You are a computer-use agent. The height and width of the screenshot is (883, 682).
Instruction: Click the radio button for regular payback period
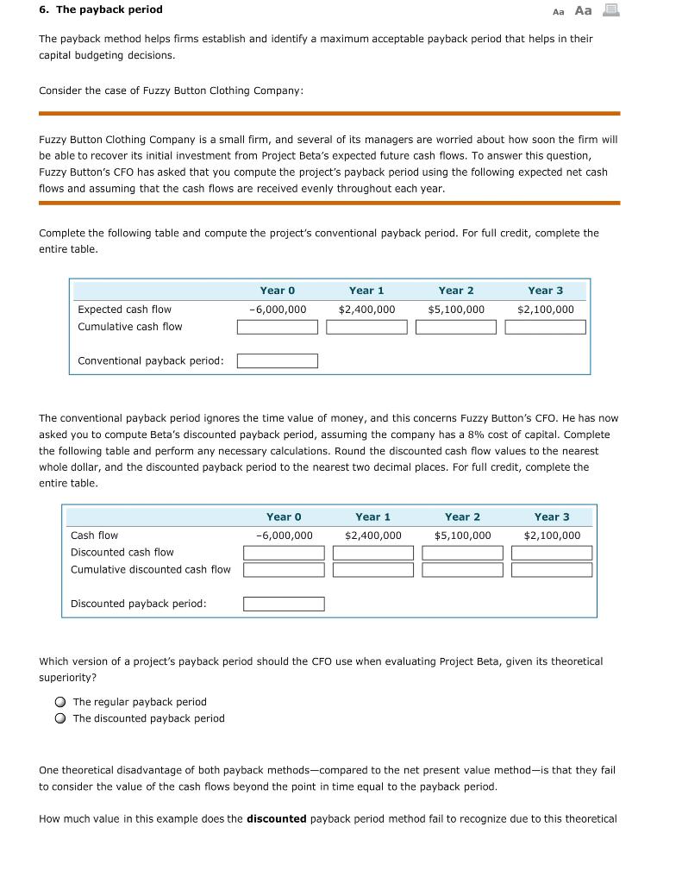click(61, 702)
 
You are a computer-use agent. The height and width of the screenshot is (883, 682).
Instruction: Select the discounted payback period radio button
click(61, 718)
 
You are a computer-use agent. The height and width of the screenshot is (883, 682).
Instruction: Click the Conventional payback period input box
click(278, 360)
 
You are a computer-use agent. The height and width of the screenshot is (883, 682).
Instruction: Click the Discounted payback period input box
click(284, 604)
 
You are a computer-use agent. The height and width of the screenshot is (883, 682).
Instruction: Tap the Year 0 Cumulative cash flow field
click(278, 327)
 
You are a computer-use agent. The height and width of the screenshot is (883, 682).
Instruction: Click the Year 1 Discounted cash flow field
click(373, 552)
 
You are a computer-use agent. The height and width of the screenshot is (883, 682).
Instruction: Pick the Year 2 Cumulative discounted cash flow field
click(462, 570)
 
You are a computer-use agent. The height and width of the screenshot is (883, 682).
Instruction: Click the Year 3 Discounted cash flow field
click(552, 552)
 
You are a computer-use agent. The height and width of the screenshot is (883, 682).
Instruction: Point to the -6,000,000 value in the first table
click(278, 310)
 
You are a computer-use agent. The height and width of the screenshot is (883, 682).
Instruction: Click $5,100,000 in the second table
click(462, 535)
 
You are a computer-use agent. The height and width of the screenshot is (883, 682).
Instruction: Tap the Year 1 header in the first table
click(366, 291)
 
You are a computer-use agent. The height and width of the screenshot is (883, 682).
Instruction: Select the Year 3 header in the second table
click(552, 517)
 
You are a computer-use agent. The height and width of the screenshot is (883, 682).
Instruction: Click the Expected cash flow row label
click(124, 310)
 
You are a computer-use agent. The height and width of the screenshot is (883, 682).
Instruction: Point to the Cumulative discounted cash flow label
click(151, 569)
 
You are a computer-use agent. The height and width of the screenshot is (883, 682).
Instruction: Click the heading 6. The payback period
click(101, 9)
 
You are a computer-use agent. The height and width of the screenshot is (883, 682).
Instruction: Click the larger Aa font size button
click(583, 10)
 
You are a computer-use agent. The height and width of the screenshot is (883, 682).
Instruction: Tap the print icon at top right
click(610, 10)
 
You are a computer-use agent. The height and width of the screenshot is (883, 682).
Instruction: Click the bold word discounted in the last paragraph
click(276, 818)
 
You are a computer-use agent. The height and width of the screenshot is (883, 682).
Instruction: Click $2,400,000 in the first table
click(366, 310)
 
